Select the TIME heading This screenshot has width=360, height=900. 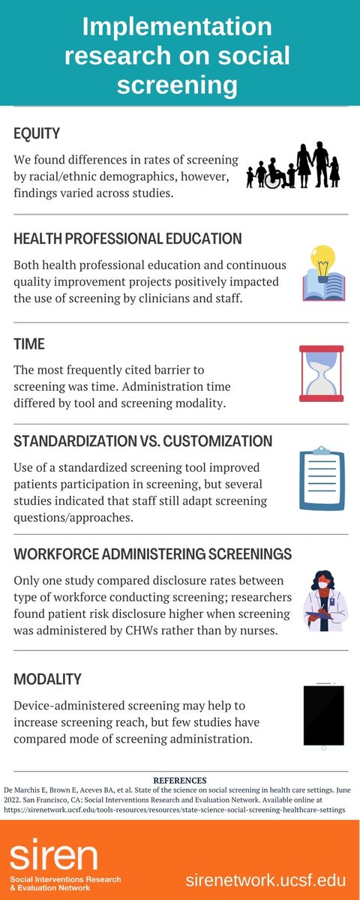[29, 344]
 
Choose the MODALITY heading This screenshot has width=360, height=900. [47, 679]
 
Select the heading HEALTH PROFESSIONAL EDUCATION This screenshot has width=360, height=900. [127, 238]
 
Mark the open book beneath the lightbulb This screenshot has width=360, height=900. [323, 286]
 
